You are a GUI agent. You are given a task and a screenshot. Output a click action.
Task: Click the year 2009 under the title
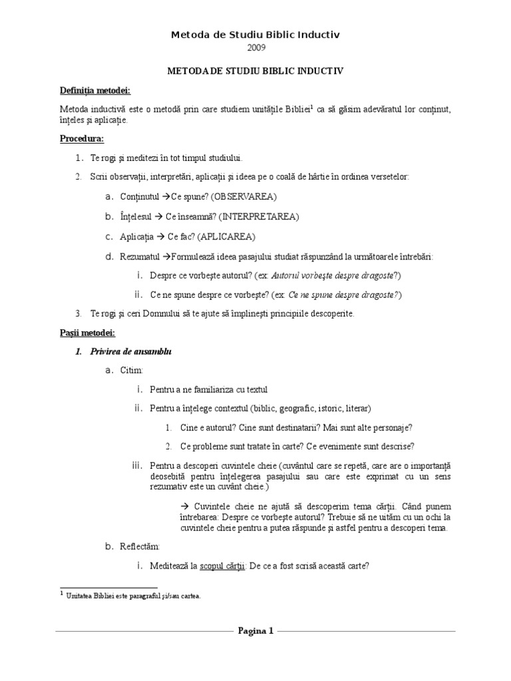point(255,47)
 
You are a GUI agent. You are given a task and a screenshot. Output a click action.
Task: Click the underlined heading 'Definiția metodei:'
point(94,90)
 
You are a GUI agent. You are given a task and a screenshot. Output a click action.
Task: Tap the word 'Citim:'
point(131,370)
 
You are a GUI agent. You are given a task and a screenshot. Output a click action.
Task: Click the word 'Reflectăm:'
point(140,547)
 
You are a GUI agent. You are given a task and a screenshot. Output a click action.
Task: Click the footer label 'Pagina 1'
point(255,631)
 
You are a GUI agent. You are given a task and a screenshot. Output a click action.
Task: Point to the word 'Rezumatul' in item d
point(140,256)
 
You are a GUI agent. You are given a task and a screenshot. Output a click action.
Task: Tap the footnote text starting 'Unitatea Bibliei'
point(133,596)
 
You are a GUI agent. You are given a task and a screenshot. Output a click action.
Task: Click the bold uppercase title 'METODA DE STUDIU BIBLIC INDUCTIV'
point(255,69)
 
